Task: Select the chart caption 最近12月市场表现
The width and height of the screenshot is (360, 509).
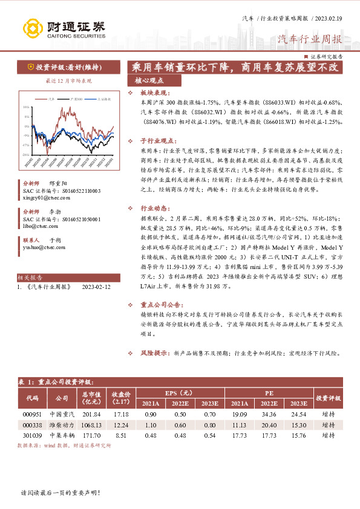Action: [x=61, y=80]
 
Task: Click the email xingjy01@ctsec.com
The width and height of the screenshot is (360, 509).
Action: [x=45, y=197]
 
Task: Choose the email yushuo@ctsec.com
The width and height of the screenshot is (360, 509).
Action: [x=43, y=247]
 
